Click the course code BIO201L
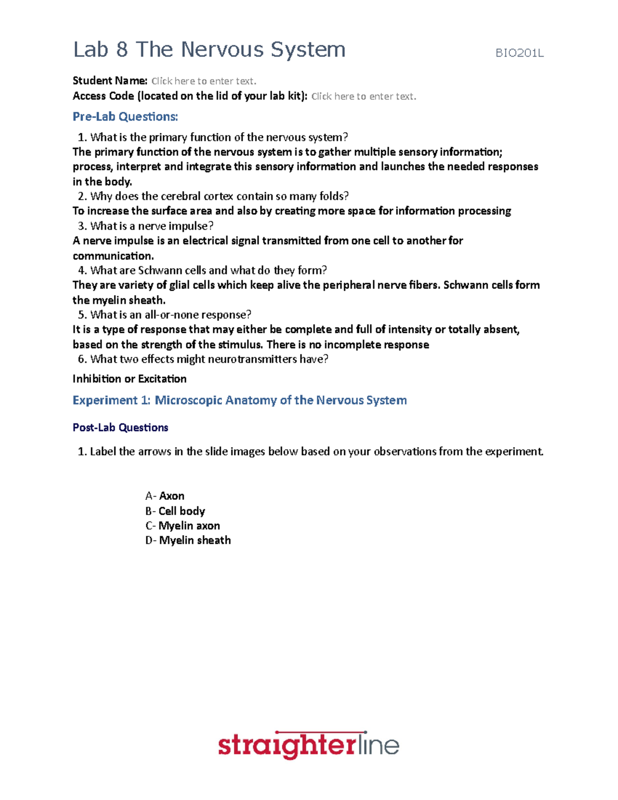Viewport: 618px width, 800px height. tap(519, 53)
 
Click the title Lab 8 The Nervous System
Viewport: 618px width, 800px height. tap(209, 50)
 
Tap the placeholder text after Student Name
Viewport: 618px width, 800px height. tap(203, 81)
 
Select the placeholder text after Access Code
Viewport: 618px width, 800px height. tap(364, 96)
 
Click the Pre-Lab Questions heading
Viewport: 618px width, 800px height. tap(125, 117)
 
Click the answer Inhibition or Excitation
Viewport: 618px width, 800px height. tap(129, 379)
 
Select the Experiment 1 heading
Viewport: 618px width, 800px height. tap(239, 400)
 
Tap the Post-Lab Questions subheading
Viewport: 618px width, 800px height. tap(121, 428)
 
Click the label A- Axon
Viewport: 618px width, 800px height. tap(165, 496)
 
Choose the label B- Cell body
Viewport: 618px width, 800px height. tap(175, 511)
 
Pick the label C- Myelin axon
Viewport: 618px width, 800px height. tap(183, 526)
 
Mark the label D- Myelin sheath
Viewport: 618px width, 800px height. tap(188, 540)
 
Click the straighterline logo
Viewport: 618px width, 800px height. tap(308, 745)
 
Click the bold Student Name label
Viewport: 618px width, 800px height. tap(110, 81)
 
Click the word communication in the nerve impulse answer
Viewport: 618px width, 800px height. tap(113, 256)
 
